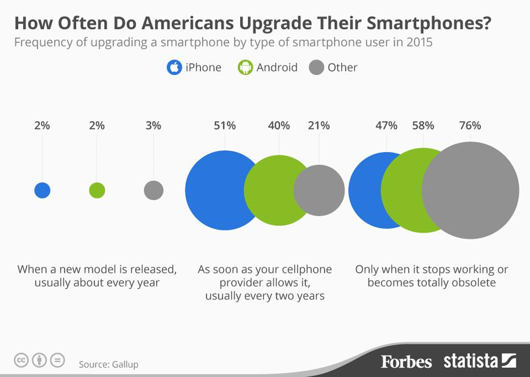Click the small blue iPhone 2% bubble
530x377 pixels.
[42, 191]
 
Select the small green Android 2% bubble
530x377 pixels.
[97, 191]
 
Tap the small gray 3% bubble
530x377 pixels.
[154, 191]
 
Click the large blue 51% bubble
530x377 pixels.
[217, 191]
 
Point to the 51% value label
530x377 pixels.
[225, 125]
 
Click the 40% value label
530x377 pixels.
[278, 125]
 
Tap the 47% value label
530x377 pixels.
[387, 125]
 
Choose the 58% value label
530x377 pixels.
[423, 125]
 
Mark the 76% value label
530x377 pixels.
[470, 125]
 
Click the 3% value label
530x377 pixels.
[153, 125]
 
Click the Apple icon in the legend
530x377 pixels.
[174, 68]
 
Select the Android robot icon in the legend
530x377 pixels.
[245, 68]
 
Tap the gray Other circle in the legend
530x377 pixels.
[316, 68]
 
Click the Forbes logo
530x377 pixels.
[406, 362]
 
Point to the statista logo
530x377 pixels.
[479, 360]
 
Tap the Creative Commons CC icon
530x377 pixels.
[21, 360]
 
